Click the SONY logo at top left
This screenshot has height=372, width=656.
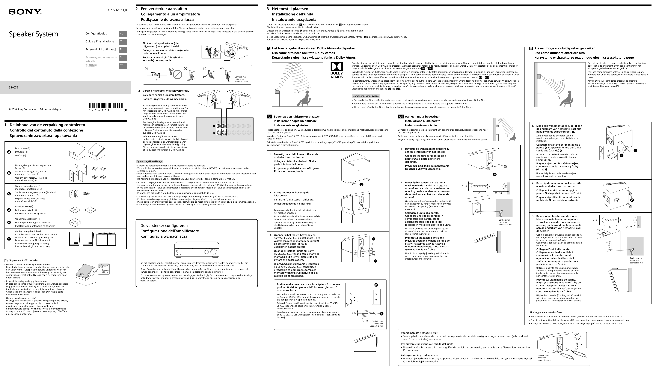pos(25,12)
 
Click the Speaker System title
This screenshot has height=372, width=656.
pos(33,34)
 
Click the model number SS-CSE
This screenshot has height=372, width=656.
pos(14,87)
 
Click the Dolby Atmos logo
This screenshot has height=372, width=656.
pos(336,70)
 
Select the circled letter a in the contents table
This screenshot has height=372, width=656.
pos(9,152)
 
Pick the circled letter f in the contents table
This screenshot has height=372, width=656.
pos(9,239)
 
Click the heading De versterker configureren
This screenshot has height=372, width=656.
pos(164,226)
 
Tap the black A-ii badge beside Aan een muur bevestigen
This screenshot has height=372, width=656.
pos(401,117)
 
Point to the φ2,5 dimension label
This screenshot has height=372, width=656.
pos(354,313)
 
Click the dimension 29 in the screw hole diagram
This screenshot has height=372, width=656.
pos(348,305)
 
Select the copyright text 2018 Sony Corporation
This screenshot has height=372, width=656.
pos(23,109)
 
